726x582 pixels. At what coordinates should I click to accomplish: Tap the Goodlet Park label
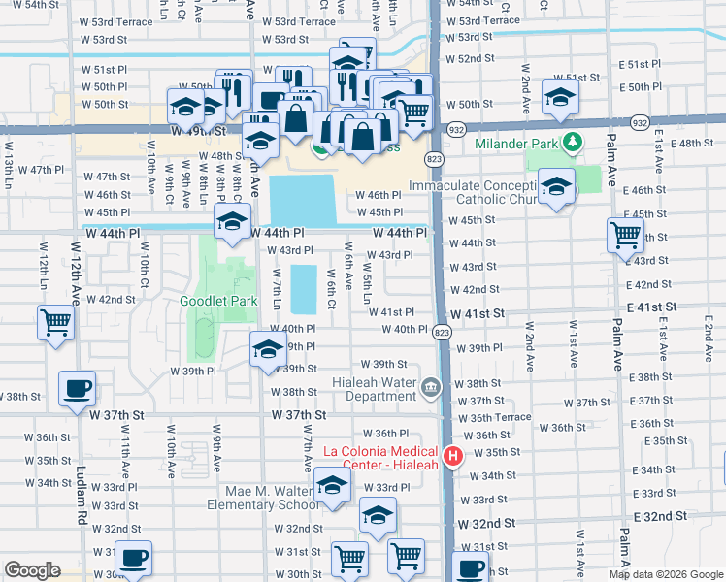[x=218, y=301]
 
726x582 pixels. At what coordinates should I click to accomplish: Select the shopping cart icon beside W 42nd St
[x=55, y=322]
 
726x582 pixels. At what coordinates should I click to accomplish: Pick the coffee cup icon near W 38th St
[x=77, y=389]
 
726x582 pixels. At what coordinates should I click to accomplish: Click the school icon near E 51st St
[x=560, y=96]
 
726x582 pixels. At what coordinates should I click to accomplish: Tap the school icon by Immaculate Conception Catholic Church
[x=555, y=186]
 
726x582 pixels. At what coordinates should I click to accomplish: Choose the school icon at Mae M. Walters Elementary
[x=332, y=485]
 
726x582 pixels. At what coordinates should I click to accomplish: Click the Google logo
[x=32, y=570]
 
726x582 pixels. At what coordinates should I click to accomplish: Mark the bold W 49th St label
[x=197, y=129]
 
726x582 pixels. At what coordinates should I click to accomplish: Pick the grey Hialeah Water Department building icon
[x=431, y=389]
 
